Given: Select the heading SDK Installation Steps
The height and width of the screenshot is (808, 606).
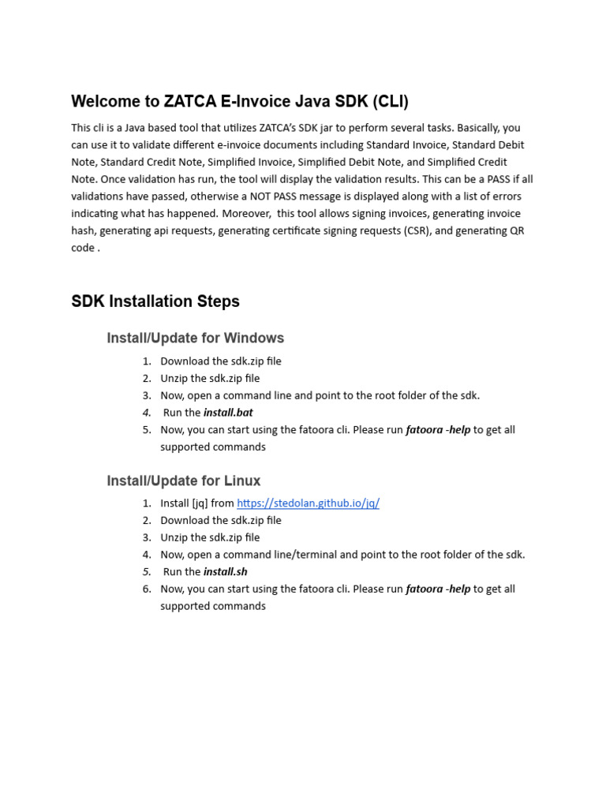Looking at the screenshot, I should click(155, 301).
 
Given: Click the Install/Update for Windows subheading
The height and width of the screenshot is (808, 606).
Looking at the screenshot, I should click(195, 338).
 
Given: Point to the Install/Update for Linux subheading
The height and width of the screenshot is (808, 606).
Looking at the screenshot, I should click(183, 481).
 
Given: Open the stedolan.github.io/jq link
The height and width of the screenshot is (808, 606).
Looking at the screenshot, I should click(308, 503).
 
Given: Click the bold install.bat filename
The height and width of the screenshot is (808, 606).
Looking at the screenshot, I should click(228, 413).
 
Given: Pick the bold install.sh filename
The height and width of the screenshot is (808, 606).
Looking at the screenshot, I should click(226, 572).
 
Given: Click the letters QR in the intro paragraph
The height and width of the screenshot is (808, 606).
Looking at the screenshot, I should click(516, 230).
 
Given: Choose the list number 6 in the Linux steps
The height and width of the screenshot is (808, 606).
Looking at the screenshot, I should click(147, 589).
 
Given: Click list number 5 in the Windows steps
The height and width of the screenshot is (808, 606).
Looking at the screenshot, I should click(147, 430).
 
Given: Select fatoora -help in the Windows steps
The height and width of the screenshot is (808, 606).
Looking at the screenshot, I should click(438, 430).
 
